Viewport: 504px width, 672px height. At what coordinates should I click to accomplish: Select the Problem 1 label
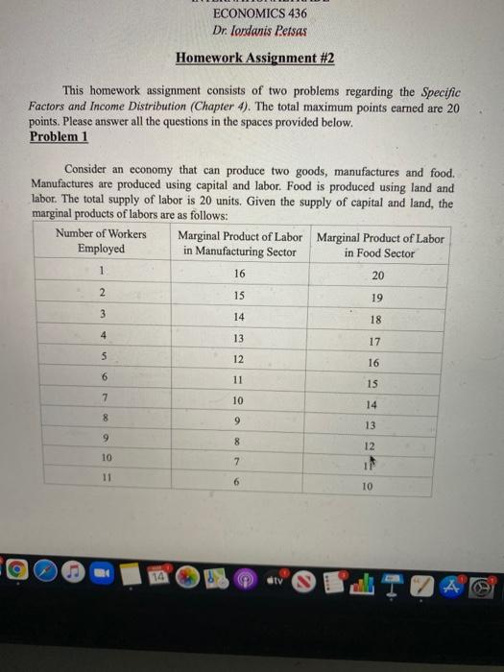coord(59,136)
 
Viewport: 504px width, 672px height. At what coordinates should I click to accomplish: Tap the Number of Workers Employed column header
coord(101,241)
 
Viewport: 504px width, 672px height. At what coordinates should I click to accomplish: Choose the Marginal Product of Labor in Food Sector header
coord(379,245)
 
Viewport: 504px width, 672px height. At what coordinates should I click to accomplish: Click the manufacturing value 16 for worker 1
coord(239,273)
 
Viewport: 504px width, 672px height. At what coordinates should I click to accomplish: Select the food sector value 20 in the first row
coord(377,276)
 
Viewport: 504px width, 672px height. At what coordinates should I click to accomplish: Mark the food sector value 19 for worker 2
coord(377,298)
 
